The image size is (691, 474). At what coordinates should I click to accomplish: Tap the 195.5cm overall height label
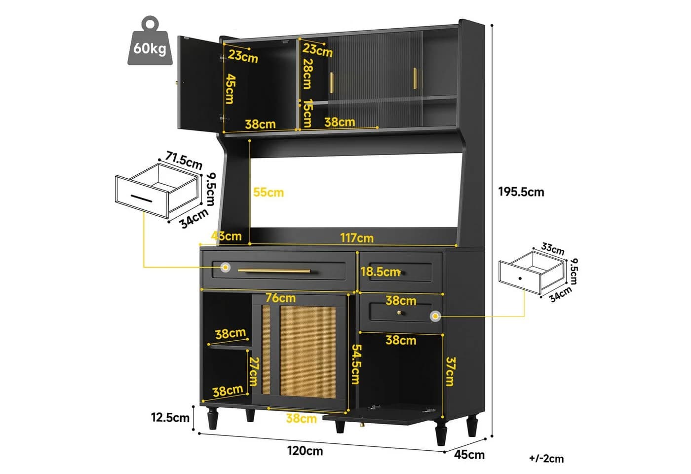pos(521,192)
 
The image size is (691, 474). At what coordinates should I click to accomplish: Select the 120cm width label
pos(305,451)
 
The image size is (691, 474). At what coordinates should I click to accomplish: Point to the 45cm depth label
pos(469,455)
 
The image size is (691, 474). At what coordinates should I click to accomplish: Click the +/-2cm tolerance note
pos(546,459)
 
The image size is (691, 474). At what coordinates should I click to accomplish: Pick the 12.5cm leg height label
pos(170,418)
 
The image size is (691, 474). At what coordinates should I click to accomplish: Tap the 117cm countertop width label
pos(357,238)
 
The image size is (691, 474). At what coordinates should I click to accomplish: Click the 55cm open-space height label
pos(269,192)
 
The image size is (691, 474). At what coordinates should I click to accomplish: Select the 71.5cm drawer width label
pos(184,160)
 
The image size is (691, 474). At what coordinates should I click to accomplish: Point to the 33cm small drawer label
pos(553,248)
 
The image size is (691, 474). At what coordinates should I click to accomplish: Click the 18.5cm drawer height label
pos(381,272)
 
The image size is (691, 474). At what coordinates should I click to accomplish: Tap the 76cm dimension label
pos(280,298)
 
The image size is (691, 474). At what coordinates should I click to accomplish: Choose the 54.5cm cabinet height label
pos(356,364)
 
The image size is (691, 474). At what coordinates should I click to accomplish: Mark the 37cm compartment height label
pos(451,371)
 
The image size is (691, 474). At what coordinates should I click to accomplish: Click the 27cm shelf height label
pos(254,371)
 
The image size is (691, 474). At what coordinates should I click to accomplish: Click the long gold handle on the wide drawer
pos(274,271)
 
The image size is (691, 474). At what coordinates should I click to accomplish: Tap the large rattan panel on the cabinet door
pos(307,352)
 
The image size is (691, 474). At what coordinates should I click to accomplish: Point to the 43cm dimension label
pos(227,236)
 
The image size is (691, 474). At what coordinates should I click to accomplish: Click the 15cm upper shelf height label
pos(307,114)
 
